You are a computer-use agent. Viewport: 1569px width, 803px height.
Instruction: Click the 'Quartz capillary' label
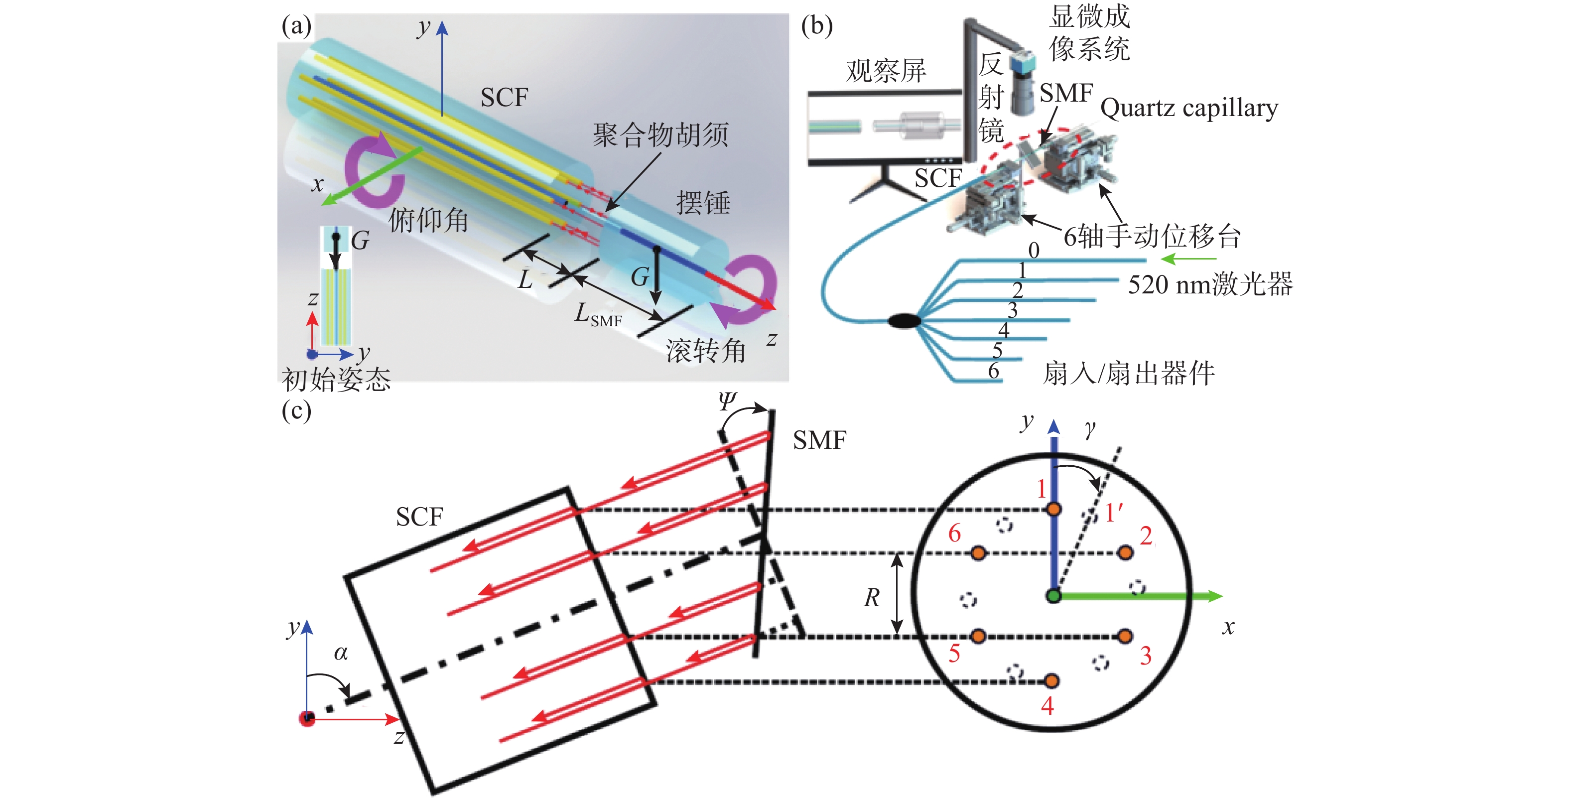coord(1188,109)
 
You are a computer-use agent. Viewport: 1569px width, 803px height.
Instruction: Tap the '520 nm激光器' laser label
coord(1210,284)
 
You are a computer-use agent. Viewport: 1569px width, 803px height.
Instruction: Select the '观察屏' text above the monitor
coord(886,71)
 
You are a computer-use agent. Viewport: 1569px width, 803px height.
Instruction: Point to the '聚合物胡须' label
coord(660,134)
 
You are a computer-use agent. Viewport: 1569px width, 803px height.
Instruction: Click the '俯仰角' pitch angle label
coord(428,220)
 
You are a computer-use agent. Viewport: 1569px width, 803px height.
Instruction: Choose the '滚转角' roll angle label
coord(705,351)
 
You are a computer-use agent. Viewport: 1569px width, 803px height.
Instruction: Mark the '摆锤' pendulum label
coord(703,203)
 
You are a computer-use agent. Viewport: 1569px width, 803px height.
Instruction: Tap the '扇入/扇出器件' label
coord(1129,373)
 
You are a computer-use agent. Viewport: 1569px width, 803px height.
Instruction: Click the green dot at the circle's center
coord(1053,596)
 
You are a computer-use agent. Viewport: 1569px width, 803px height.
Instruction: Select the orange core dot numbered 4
coord(1051,680)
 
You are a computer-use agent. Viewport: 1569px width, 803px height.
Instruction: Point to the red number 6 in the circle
coord(954,534)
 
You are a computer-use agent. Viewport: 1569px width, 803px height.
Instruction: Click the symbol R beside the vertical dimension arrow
coord(872,598)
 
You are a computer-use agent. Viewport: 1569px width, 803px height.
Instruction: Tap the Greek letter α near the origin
coord(341,653)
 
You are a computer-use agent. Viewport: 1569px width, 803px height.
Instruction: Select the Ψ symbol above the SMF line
coord(727,401)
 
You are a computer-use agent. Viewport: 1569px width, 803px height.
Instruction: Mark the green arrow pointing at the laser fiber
coord(1188,260)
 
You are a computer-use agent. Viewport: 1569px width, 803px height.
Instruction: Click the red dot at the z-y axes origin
coord(308,719)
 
